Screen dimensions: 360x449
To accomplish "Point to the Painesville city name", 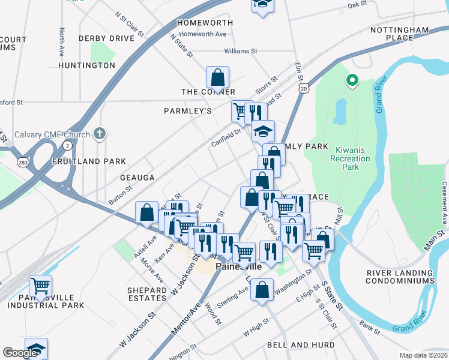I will click(238, 266).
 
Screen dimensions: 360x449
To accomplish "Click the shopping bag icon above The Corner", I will click(217, 77).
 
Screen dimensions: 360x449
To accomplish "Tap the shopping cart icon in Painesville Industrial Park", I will click(40, 286).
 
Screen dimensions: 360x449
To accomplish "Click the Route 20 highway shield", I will click(304, 89).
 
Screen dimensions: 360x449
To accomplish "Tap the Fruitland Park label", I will click(89, 161).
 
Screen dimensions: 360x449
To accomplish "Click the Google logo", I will click(20, 353).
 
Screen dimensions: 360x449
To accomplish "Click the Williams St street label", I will click(240, 52).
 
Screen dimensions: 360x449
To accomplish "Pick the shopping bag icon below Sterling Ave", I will click(262, 291).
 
